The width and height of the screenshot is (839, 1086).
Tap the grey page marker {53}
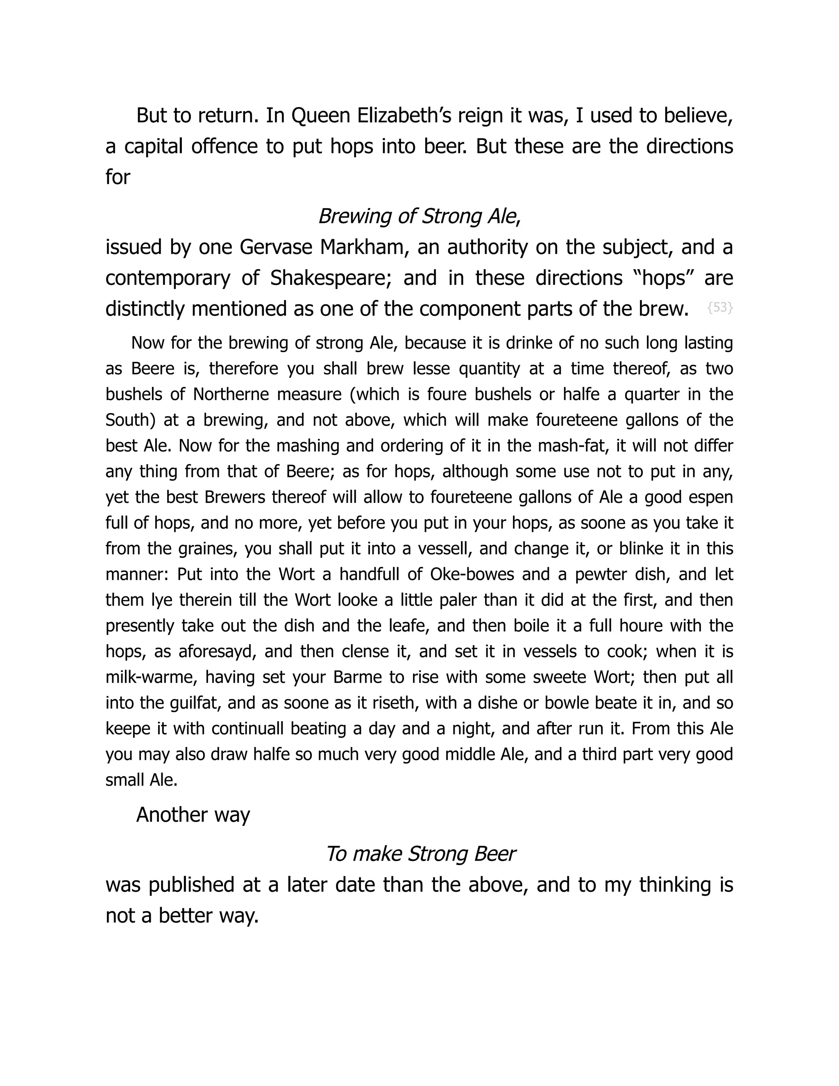(719, 308)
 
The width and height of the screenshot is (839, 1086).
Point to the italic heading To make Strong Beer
(420, 854)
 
